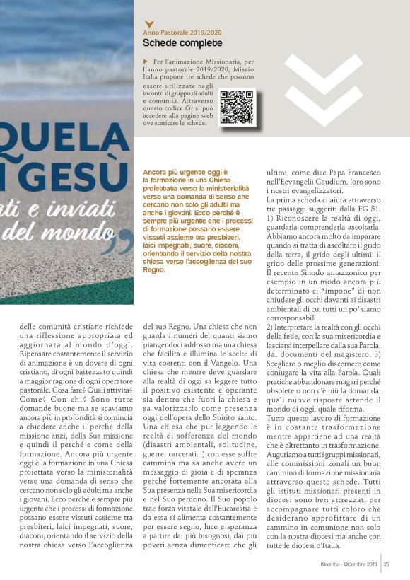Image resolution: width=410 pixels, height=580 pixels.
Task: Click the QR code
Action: pyautogui.click(x=236, y=108)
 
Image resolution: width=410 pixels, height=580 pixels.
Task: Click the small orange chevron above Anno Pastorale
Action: pyautogui.click(x=148, y=24)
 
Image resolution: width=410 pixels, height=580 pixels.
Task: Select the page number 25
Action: pyautogui.click(x=387, y=564)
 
